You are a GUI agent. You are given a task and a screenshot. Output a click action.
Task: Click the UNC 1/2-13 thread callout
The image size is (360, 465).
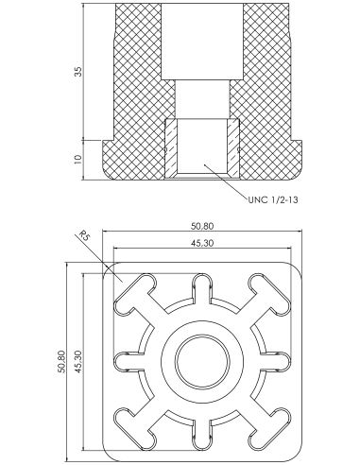click(x=273, y=199)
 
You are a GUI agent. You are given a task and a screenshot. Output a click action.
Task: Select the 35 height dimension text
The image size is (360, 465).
click(x=77, y=72)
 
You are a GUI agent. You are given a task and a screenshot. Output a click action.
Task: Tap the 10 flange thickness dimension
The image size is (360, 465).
click(x=77, y=159)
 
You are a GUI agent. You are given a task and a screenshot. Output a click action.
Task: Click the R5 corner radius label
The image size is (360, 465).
click(x=84, y=235)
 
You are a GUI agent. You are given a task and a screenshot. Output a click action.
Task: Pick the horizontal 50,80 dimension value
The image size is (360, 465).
click(x=202, y=226)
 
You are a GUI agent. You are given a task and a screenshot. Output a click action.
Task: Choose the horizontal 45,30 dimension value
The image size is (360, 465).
click(x=202, y=243)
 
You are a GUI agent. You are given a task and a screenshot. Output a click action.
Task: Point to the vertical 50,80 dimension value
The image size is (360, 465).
click(x=61, y=361)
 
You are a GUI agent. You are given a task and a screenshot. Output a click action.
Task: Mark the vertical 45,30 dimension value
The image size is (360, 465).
click(x=78, y=361)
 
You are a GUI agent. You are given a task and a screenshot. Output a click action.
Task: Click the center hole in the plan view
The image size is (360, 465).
click(x=202, y=361)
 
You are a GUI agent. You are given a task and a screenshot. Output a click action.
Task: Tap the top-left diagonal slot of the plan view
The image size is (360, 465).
click(x=135, y=294)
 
